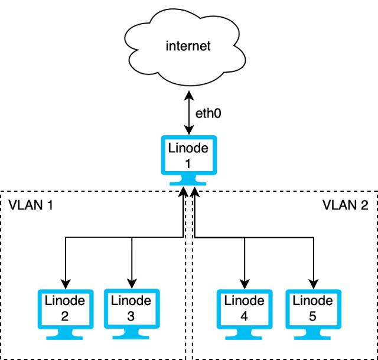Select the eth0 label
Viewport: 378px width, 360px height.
208,112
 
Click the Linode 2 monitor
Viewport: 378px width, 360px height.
64,309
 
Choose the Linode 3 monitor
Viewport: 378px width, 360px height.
131,309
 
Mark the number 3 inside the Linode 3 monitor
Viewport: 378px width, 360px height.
131,316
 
